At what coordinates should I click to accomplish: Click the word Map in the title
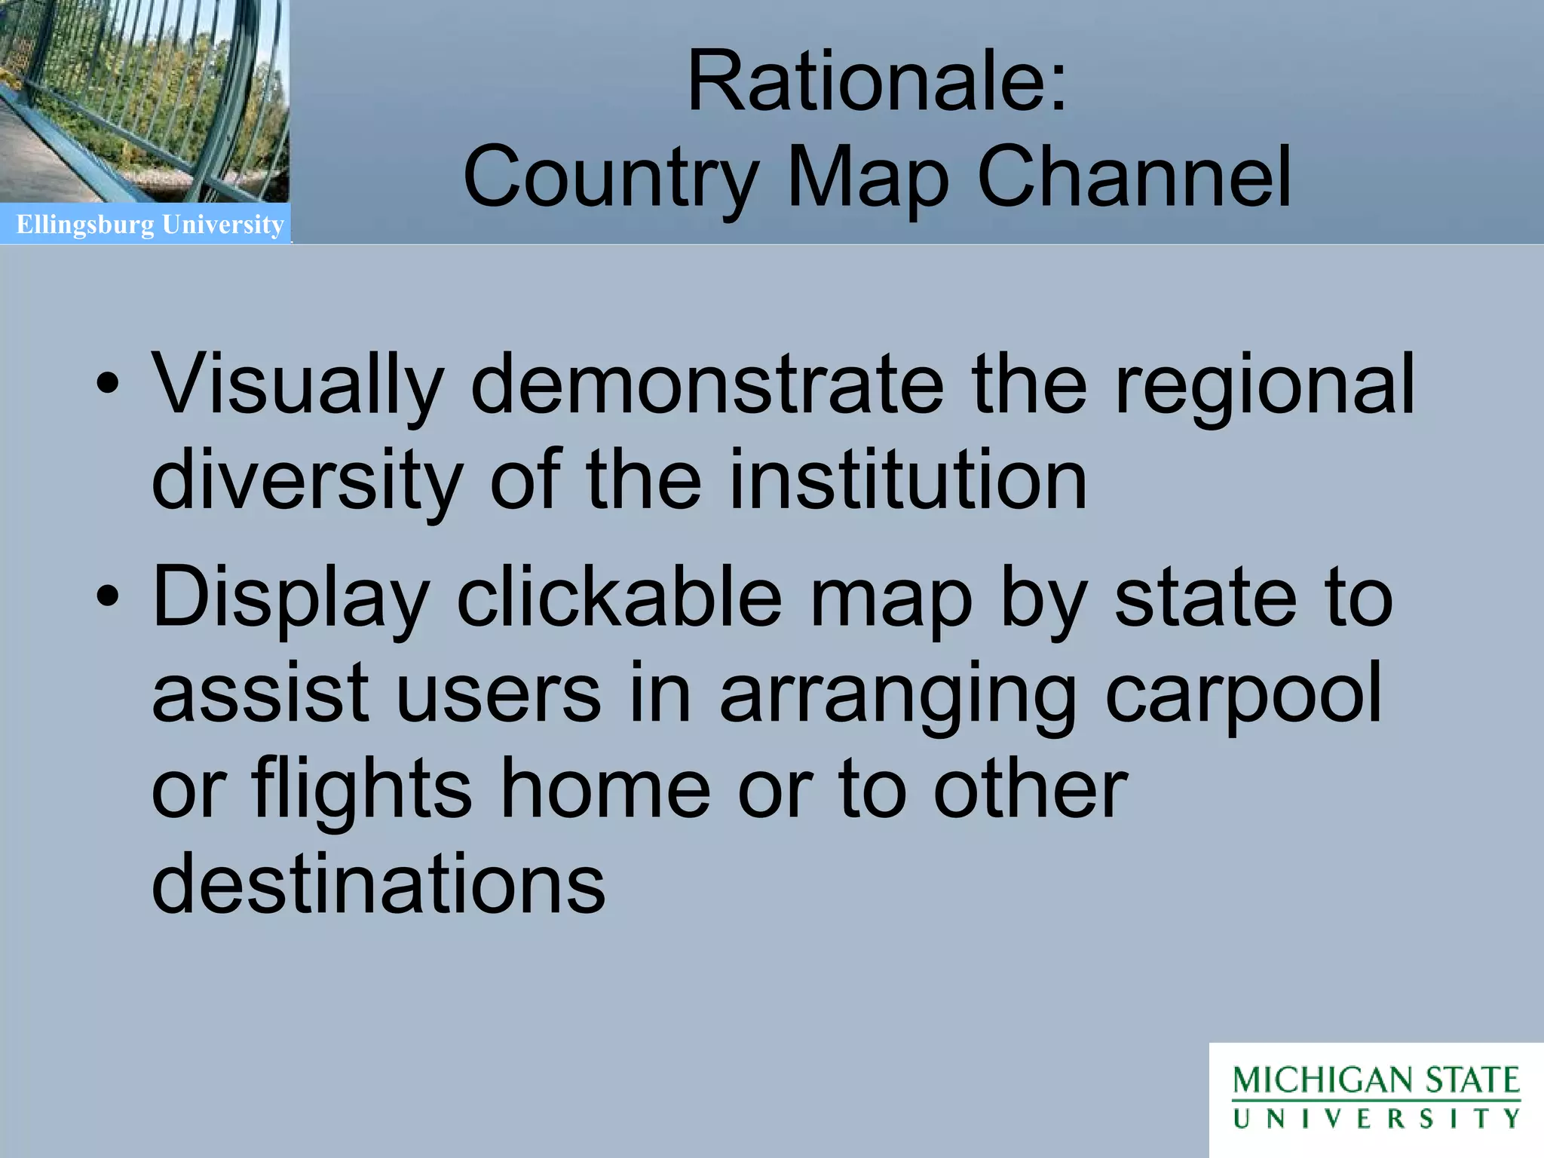tap(867, 178)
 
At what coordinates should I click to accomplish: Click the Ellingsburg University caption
tap(150, 225)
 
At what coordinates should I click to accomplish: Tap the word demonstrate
tap(706, 385)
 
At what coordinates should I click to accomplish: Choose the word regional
tap(1264, 385)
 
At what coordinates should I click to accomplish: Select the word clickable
tap(620, 597)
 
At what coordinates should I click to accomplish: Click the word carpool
tap(1243, 692)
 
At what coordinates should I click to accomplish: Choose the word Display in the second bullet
tap(290, 599)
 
